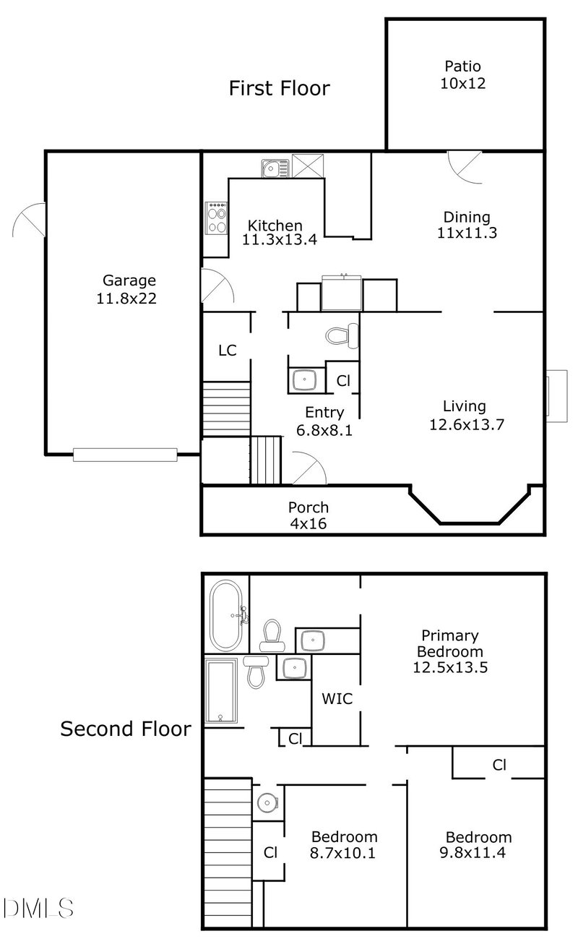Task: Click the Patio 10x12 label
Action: click(x=462, y=74)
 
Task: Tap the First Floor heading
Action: click(x=279, y=88)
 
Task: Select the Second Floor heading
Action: click(x=126, y=728)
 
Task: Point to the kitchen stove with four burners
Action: click(x=216, y=218)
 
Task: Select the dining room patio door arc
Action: click(x=463, y=167)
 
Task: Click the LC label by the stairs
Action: click(x=228, y=351)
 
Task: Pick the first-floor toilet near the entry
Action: click(x=342, y=335)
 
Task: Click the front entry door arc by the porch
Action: click(x=309, y=468)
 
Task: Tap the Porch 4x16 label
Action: click(x=309, y=515)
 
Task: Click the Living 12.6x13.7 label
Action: click(x=465, y=415)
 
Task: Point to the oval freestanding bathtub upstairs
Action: click(x=228, y=615)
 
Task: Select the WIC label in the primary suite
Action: click(x=337, y=699)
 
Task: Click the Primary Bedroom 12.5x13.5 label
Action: click(x=450, y=651)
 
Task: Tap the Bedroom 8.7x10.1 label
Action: click(x=343, y=844)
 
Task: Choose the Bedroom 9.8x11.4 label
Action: click(x=478, y=845)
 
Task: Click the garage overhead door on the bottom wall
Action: click(x=125, y=454)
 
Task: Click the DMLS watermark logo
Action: click(x=38, y=907)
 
